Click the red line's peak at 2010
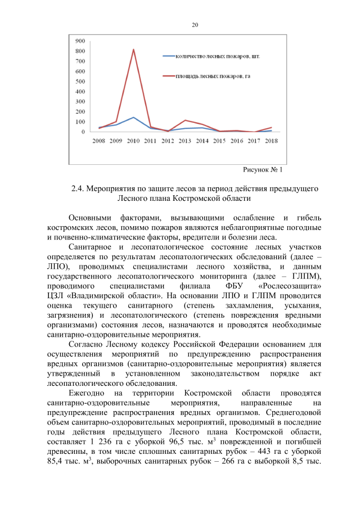click(133, 49)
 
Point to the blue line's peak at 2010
click(133, 118)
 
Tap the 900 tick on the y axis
click(80, 41)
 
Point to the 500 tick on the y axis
click(80, 82)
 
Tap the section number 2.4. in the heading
click(79, 188)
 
